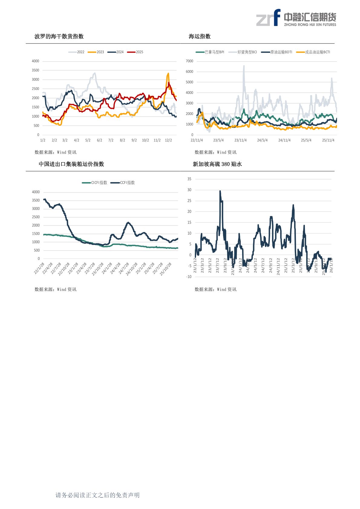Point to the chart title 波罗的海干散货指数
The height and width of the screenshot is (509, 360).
coord(59,36)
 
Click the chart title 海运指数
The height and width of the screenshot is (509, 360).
coord(200,36)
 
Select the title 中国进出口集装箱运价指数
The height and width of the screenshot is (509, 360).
coord(71,164)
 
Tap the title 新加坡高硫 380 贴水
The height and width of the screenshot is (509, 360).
coord(217,164)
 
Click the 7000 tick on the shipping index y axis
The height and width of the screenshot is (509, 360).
coord(189,61)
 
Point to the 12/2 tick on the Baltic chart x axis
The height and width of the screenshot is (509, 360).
coord(168,140)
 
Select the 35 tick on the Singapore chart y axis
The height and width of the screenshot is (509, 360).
coord(189,179)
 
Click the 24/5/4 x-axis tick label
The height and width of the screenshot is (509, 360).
coord(262,140)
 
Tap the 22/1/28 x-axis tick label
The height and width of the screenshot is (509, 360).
coord(40,269)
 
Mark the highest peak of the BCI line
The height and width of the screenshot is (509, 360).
coord(244,66)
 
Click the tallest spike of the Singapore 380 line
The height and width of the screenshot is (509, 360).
coord(220,191)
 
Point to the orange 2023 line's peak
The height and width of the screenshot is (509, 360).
coord(168,73)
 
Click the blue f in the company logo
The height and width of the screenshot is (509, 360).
coord(277,17)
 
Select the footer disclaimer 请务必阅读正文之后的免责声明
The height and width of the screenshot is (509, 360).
coord(97,495)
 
